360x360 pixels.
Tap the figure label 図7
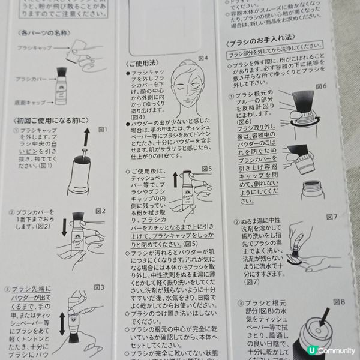pyautogui.click(x=332, y=215)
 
